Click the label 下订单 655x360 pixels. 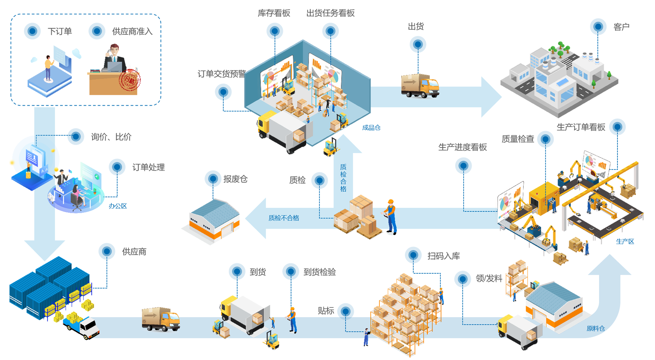click(60, 31)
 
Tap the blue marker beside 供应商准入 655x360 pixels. click(97, 31)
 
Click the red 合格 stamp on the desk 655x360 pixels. click(130, 80)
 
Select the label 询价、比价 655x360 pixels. click(111, 137)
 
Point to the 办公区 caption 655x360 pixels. click(118, 206)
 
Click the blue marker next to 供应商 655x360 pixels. click(107, 252)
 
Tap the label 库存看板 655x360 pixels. click(274, 13)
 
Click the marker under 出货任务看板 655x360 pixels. click(330, 31)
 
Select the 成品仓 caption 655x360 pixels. click(371, 128)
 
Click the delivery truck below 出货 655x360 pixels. click(420, 85)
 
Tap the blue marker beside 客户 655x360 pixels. click(598, 27)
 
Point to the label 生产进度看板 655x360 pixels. click(462, 147)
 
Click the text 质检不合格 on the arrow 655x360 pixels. click(284, 218)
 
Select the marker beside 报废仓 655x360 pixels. click(213, 179)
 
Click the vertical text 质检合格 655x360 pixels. click(343, 178)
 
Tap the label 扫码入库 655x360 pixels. click(444, 256)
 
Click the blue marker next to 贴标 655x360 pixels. click(346, 311)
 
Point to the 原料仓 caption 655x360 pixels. click(595, 328)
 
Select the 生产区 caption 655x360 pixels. click(625, 241)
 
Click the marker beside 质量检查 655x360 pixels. click(545, 139)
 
